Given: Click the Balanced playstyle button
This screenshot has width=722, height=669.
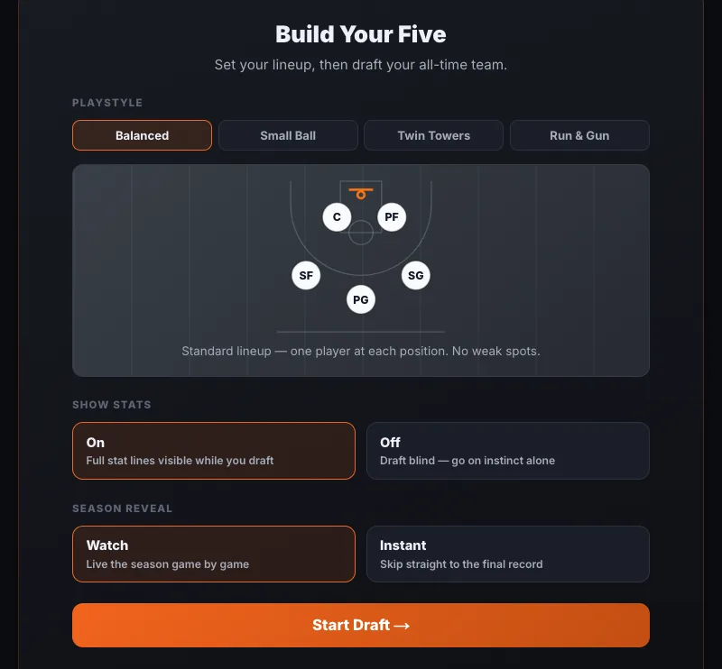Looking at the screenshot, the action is coord(142,135).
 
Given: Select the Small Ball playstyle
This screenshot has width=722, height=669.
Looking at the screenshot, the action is coord(288,135).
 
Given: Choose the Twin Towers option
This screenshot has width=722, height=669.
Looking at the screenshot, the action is coord(434,135).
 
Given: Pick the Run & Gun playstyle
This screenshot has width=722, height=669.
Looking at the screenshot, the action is coord(579,135).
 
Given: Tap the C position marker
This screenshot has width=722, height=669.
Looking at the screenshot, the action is coord(337,216).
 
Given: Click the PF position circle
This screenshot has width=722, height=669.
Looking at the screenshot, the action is coord(392,216).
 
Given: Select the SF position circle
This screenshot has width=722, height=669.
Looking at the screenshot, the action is coord(306,275).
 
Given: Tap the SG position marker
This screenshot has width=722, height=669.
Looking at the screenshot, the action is coord(416,275).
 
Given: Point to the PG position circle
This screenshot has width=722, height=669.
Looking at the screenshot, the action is coord(361,299).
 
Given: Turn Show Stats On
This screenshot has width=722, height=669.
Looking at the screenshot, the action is coord(214,451).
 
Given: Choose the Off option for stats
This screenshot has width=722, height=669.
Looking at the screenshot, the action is coord(508,451).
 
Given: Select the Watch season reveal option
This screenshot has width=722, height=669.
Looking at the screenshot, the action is coord(214,554).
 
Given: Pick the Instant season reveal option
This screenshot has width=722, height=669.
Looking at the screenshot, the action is coord(508,554).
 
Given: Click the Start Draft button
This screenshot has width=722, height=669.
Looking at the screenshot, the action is coord(361,625).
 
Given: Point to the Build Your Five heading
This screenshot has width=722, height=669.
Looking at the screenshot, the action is coord(361,34).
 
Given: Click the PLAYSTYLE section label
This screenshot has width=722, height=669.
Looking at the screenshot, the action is coord(107,103).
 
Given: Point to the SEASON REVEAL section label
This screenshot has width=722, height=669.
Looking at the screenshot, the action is coord(122,509).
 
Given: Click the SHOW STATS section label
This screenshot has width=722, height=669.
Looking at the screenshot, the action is coord(111,405).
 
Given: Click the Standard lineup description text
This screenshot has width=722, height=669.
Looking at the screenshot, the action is coord(361,351).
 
